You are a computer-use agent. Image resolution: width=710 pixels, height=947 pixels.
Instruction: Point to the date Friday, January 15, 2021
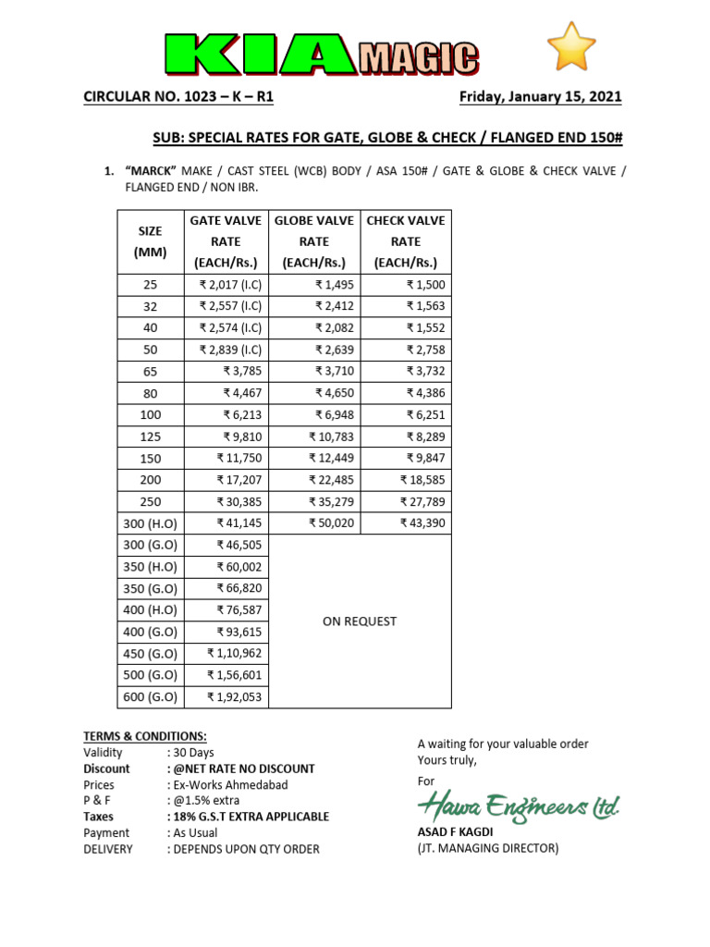tap(540, 97)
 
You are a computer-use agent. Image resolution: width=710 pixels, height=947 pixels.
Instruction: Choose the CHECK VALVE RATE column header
tap(405, 241)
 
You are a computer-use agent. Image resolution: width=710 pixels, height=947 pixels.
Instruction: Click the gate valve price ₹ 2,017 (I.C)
tap(230, 285)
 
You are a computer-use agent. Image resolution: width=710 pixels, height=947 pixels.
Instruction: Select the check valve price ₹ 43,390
tap(422, 523)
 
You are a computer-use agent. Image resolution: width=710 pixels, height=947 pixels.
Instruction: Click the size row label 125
tap(150, 437)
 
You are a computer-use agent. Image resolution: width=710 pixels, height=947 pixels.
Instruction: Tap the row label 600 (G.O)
tap(150, 697)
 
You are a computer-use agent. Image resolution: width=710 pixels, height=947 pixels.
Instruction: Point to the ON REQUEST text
tap(359, 621)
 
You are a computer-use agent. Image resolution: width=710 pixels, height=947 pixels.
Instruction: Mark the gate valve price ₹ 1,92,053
tap(234, 697)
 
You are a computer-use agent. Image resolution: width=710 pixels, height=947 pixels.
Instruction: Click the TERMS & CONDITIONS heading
tap(145, 736)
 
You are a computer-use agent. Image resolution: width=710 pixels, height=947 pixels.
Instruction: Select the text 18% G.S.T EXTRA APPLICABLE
tap(247, 817)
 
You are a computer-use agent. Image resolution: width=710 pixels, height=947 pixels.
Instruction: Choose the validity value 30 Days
tap(191, 753)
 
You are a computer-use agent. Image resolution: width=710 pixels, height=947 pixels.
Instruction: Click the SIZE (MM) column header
tap(150, 241)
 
